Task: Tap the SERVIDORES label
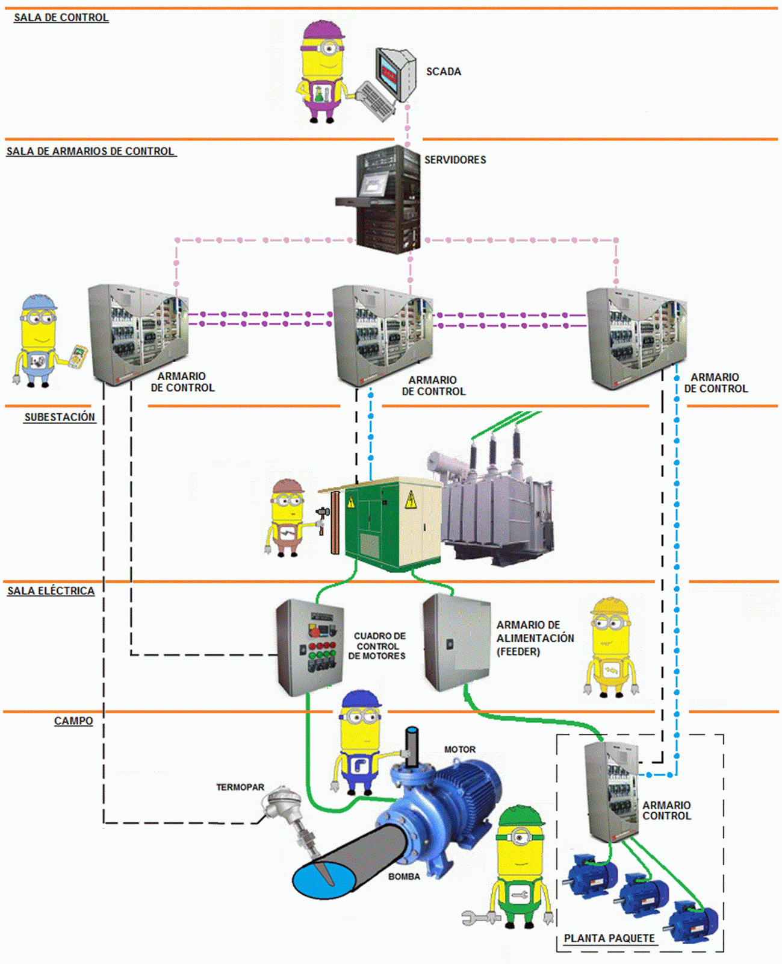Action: tap(455, 160)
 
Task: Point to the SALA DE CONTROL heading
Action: tap(61, 17)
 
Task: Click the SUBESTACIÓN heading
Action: tap(60, 417)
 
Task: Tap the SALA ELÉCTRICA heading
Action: tap(51, 591)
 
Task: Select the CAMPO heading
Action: tap(73, 721)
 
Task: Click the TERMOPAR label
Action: tap(240, 787)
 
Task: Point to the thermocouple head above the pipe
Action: tap(276, 800)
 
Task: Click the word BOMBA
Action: tap(404, 877)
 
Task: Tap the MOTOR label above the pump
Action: tap(460, 750)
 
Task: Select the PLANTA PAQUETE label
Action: tap(609, 938)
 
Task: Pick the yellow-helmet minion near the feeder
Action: tap(611, 648)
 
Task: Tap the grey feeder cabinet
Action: tap(455, 642)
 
